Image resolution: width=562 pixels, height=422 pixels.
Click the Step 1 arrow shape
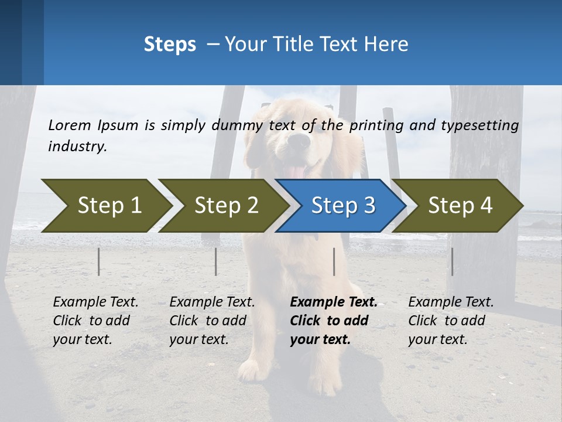pyautogui.click(x=105, y=206)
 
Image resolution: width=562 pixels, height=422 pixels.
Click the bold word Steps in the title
pyautogui.click(x=170, y=44)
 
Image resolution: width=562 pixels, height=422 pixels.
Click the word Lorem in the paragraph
pyautogui.click(x=69, y=125)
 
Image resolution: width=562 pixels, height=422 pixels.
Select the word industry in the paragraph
pyautogui.click(x=76, y=147)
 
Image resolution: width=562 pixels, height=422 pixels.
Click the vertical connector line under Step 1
pyautogui.click(x=98, y=261)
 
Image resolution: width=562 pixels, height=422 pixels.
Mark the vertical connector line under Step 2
pyautogui.click(x=215, y=261)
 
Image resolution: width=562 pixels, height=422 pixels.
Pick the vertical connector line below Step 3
pyautogui.click(x=334, y=261)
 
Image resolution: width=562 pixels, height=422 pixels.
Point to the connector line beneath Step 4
pyautogui.click(x=452, y=261)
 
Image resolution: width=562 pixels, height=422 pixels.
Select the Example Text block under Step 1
pyautogui.click(x=95, y=321)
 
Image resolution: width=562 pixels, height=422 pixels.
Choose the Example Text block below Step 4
pyautogui.click(x=450, y=321)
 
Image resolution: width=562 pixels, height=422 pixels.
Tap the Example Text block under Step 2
pyautogui.click(x=212, y=321)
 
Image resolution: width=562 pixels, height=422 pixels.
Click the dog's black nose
pyautogui.click(x=300, y=141)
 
